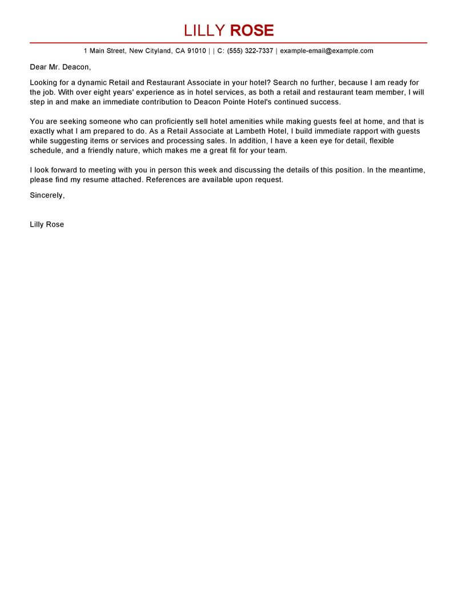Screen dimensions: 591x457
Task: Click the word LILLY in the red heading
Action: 204,30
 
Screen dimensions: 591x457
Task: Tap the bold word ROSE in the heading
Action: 251,30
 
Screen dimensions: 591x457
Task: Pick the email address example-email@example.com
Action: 326,51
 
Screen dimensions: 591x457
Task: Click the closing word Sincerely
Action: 47,195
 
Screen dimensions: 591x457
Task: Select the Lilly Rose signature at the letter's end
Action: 47,224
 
